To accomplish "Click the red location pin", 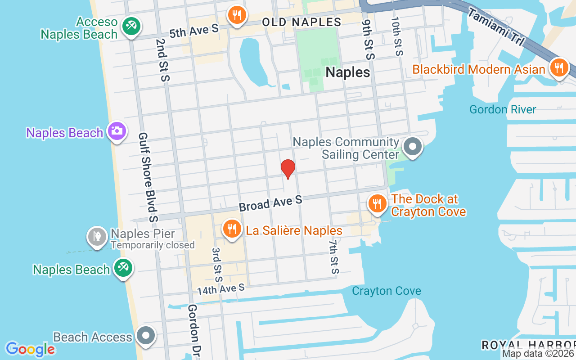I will pos(288,169).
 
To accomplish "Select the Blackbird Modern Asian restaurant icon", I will pos(559,68).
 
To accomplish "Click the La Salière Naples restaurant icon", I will pos(232,229).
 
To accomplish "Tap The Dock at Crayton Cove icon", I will pos(377,203).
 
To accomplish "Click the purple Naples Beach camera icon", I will pos(117,131).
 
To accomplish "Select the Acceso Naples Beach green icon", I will pos(131,26).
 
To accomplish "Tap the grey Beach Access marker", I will pos(146,335).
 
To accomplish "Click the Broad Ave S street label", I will pos(270,203).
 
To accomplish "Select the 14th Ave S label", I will pos(220,289).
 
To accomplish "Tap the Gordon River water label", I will pos(503,109).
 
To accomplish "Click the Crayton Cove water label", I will pos(387,291).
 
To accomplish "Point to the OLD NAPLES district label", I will pos(301,22).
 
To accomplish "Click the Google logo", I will pos(30,349).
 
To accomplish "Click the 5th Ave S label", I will pos(194,31).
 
